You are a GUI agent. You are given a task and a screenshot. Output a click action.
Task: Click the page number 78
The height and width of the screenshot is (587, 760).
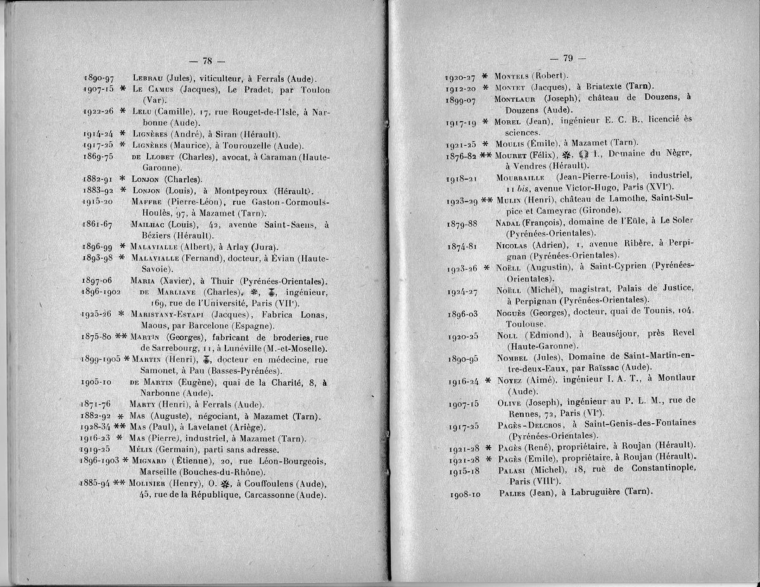pos(206,61)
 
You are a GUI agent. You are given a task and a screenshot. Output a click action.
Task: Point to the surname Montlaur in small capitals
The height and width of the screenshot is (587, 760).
pos(516,99)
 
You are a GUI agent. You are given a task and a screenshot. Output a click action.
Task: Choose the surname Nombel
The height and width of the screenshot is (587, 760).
pos(516,359)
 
